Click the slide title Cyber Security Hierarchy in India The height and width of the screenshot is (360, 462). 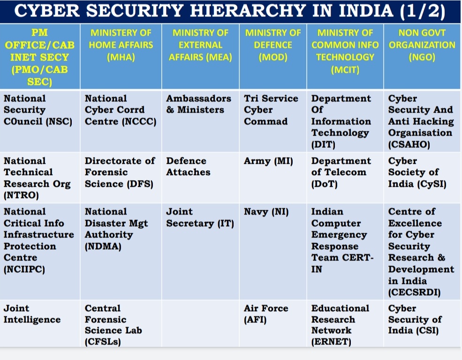click(230, 11)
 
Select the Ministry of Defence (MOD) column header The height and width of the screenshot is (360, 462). click(273, 45)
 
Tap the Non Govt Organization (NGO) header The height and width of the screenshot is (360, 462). click(422, 45)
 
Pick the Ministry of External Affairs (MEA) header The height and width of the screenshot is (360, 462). click(200, 45)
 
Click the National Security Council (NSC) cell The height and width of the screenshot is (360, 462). click(38, 110)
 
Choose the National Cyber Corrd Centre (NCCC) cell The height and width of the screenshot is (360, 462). click(120, 110)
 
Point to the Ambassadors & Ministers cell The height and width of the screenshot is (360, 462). click(198, 104)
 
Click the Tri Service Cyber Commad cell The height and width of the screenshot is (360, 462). click(271, 110)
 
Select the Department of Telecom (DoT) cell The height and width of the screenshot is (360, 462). click(341, 172)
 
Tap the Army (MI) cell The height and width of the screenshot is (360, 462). click(268, 161)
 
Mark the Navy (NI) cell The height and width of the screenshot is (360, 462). click(266, 212)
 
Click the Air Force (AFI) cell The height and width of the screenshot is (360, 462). click(266, 314)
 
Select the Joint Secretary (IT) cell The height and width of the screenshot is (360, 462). click(199, 217)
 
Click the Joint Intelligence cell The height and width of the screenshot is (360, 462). click(32, 314)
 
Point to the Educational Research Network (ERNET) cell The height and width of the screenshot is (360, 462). click(340, 325)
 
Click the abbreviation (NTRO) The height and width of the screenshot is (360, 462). click(21, 195)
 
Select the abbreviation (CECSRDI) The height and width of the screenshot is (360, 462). click(415, 292)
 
